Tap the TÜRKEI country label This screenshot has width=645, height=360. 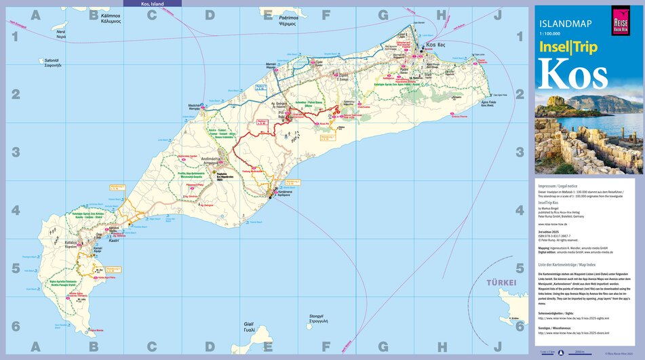[x=501, y=282]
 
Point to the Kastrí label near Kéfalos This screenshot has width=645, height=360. [x=114, y=241]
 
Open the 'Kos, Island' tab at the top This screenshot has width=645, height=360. [x=152, y=4]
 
